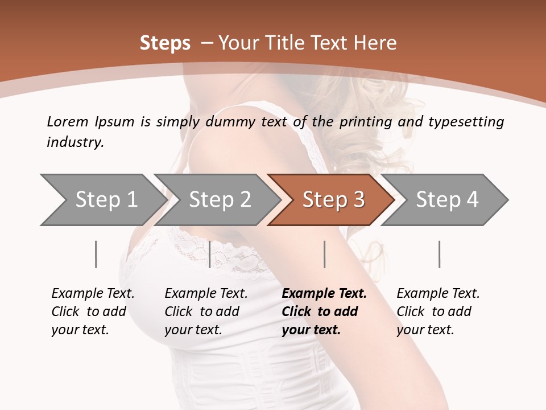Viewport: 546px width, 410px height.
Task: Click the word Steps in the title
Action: pos(165,43)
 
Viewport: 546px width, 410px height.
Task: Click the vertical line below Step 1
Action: pos(96,254)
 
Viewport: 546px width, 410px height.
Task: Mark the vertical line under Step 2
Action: pos(210,254)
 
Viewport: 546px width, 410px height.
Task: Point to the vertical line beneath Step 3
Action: pos(324,254)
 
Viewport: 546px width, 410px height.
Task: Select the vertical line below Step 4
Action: pos(439,254)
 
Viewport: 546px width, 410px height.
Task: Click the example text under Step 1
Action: pos(93,311)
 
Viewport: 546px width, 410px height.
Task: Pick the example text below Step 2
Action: pos(206,311)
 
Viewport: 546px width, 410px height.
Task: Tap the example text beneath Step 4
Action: pos(438,311)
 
